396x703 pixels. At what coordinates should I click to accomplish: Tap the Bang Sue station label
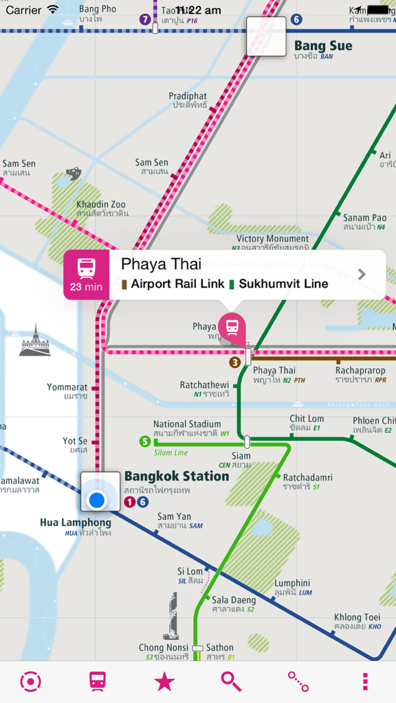click(322, 47)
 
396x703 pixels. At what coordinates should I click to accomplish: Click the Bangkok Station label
click(176, 476)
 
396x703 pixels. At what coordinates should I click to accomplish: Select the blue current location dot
click(97, 500)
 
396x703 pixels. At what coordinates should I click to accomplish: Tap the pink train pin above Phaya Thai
click(232, 326)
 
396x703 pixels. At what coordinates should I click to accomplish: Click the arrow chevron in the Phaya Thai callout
click(362, 275)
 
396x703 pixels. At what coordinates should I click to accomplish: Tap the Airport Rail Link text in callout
click(177, 284)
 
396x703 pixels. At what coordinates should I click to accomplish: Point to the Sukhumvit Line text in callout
click(283, 284)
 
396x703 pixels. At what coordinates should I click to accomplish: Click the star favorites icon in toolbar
click(164, 681)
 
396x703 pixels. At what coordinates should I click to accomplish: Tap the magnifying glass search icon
click(231, 681)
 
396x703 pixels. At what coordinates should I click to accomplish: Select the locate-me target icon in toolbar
click(31, 681)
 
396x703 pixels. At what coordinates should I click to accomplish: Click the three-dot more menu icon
click(365, 681)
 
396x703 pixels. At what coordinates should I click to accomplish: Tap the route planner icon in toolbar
click(298, 681)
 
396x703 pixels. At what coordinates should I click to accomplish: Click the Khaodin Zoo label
click(101, 205)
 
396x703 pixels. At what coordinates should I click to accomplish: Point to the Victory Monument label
click(273, 239)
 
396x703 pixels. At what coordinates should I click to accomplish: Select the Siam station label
click(241, 457)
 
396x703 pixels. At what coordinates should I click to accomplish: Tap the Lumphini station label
click(292, 584)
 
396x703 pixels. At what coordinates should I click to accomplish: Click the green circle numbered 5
click(144, 441)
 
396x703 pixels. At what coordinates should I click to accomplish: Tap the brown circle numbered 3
click(235, 362)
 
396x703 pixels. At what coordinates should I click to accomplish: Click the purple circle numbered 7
click(144, 19)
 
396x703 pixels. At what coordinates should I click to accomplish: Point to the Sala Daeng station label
click(233, 601)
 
